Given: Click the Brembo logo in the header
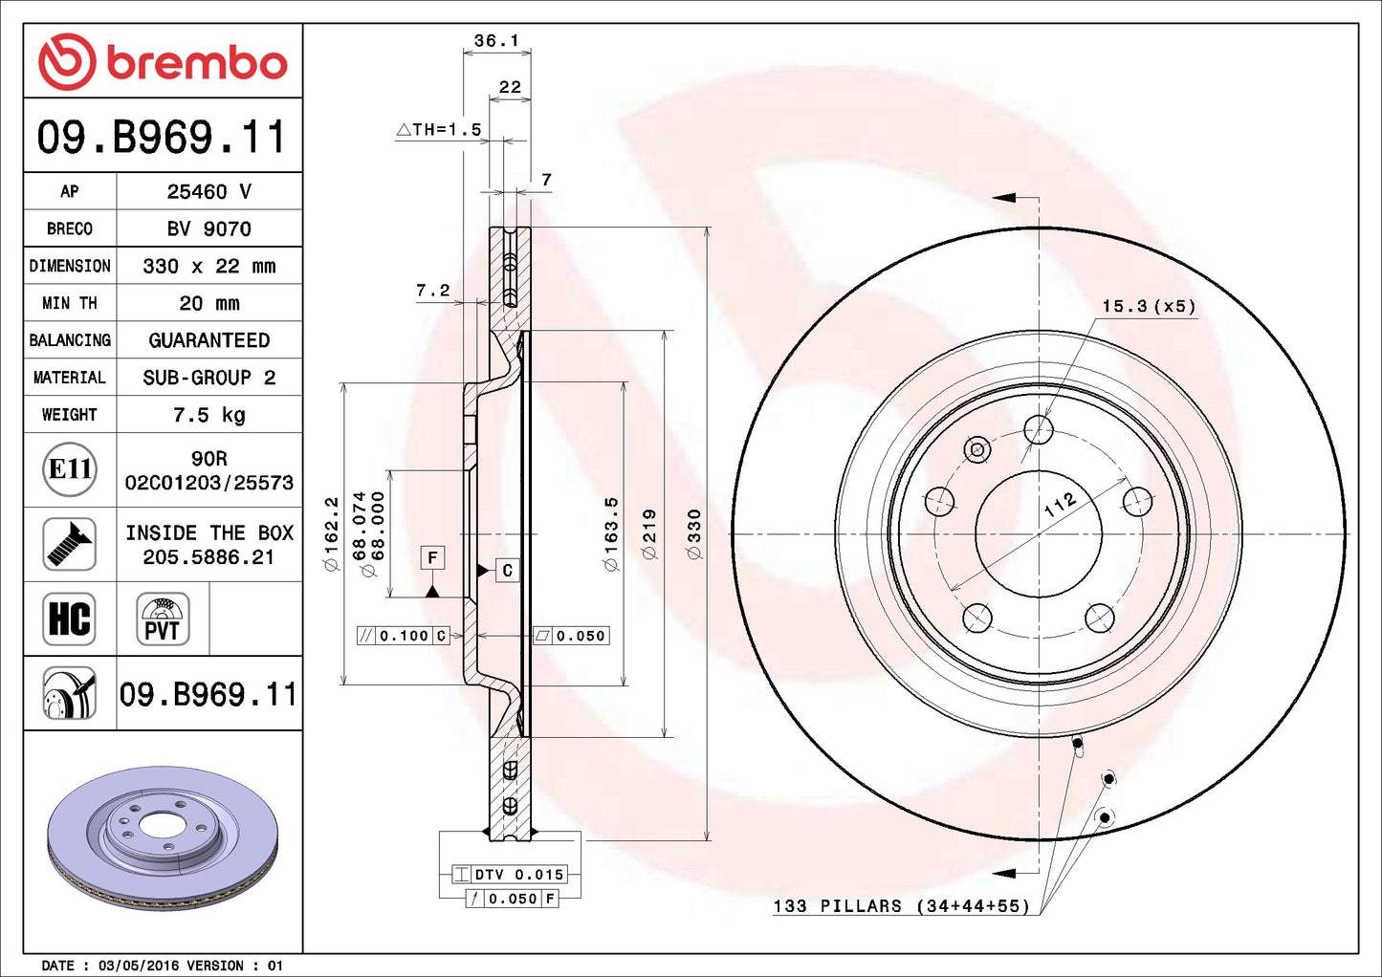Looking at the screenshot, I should (x=163, y=62).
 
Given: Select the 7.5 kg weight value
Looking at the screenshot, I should (x=208, y=415).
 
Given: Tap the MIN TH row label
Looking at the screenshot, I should (x=69, y=303).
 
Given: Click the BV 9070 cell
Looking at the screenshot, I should (x=208, y=228).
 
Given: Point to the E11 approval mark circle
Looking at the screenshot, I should (x=70, y=469).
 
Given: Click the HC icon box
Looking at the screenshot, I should (x=70, y=619).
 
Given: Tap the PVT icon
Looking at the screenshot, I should (x=163, y=619).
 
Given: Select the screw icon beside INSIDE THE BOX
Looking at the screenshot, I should (x=70, y=544).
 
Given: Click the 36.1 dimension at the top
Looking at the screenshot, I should (x=496, y=41).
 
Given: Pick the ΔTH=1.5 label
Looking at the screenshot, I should (x=439, y=130).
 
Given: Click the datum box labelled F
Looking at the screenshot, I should (x=433, y=557).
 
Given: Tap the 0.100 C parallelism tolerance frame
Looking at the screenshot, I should (x=403, y=636).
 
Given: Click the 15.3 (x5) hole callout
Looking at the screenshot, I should (x=1148, y=306).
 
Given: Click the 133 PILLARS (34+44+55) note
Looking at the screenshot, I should (x=901, y=905).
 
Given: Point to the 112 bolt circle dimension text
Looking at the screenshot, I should (x=1060, y=505).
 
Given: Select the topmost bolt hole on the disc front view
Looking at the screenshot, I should (x=1039, y=429).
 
